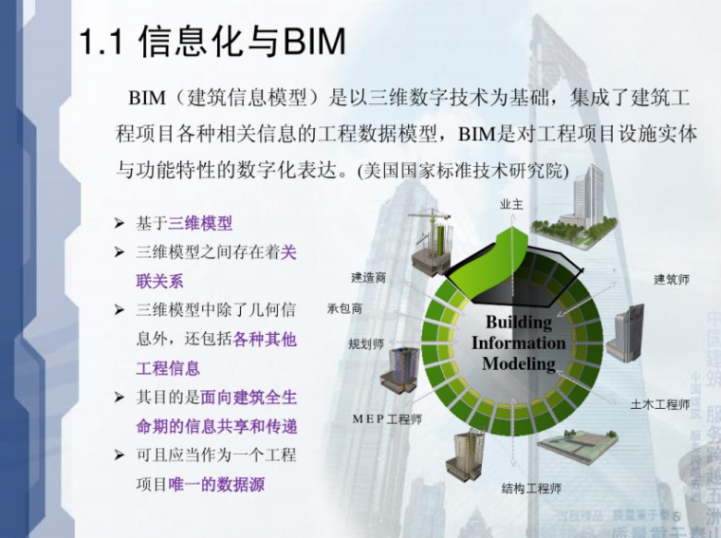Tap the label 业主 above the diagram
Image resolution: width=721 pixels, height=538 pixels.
pos(512,205)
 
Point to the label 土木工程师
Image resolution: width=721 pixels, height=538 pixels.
pos(660,404)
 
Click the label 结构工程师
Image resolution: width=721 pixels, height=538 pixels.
pos(531,490)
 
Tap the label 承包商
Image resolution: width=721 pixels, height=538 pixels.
pos(344,308)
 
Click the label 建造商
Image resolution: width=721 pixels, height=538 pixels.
pos(368,278)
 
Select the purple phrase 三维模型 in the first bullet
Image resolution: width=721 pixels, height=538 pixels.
pos(200,224)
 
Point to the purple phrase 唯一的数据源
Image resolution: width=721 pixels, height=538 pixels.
pos(216,484)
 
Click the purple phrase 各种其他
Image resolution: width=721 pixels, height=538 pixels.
pos(265,339)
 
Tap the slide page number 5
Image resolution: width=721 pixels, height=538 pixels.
pos(676,516)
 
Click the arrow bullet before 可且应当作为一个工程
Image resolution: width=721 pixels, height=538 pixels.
pos(120,455)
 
